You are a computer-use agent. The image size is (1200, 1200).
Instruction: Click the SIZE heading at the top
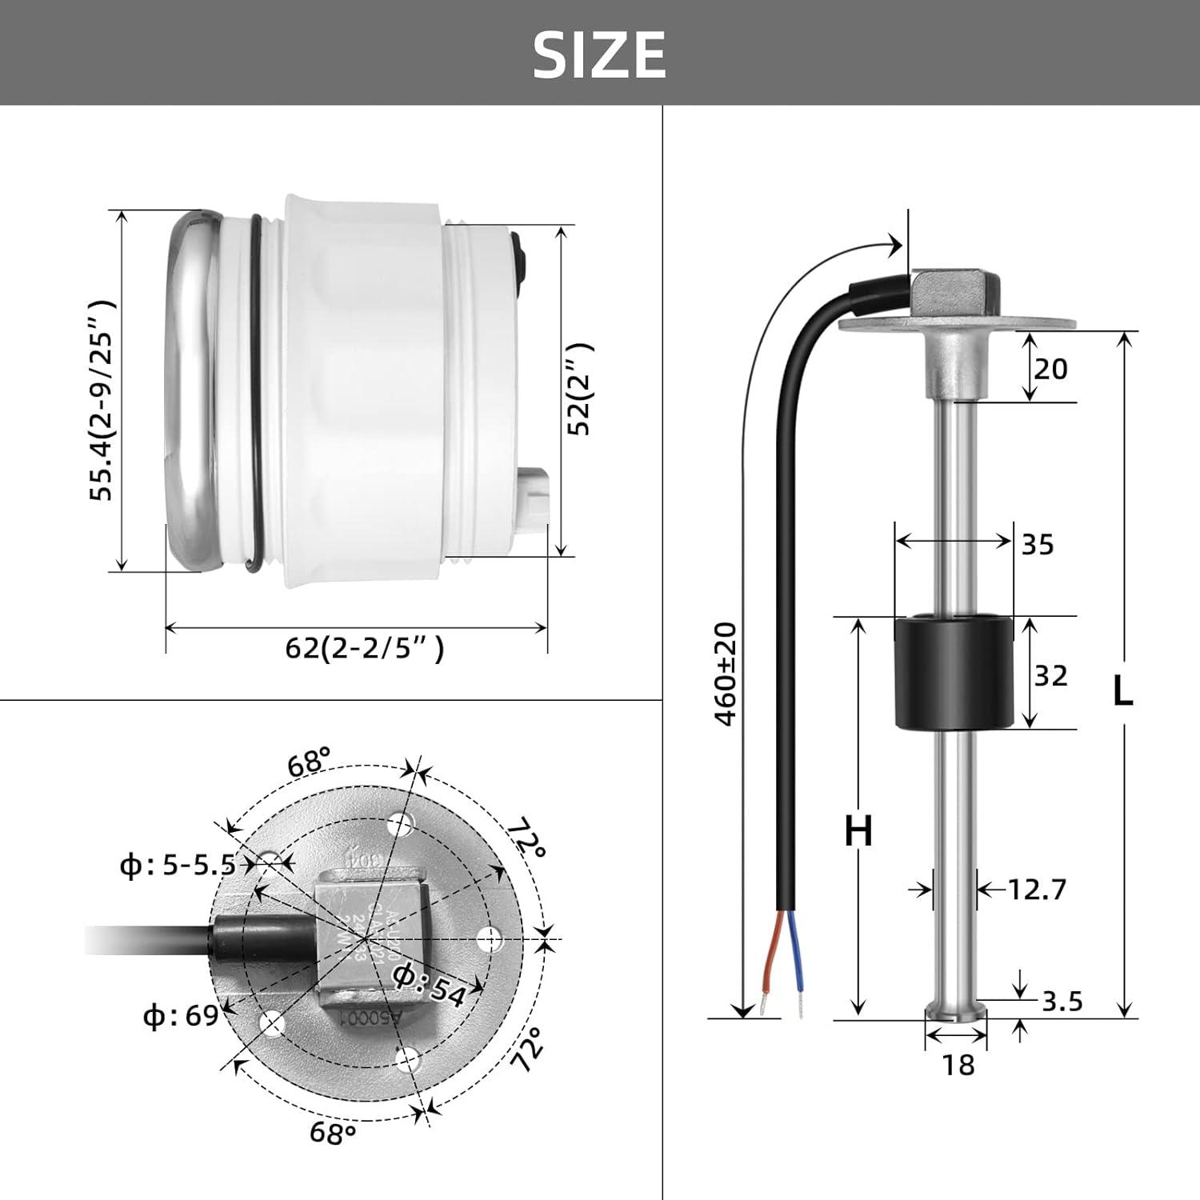[599, 54]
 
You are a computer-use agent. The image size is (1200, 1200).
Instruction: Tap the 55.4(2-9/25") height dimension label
[103, 400]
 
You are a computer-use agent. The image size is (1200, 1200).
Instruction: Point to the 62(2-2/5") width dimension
[364, 648]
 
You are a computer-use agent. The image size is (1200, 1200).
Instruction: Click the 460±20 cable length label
[726, 674]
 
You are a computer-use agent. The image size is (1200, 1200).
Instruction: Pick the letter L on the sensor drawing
[1123, 690]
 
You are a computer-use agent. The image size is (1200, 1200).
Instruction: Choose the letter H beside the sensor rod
[858, 832]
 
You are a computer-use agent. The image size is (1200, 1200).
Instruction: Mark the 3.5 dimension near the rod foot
[1062, 1001]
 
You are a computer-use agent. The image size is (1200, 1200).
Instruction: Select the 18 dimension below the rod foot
[958, 1065]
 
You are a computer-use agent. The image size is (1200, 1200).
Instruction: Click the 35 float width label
[1038, 545]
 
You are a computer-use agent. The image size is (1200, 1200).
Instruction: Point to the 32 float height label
[1050, 676]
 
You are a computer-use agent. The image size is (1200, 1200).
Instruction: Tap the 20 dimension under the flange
[1050, 369]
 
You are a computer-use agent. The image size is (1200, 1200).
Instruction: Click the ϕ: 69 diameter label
[180, 1015]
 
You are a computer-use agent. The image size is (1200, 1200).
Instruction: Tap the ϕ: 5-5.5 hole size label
[178, 865]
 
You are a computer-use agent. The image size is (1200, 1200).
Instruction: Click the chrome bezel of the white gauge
[188, 392]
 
